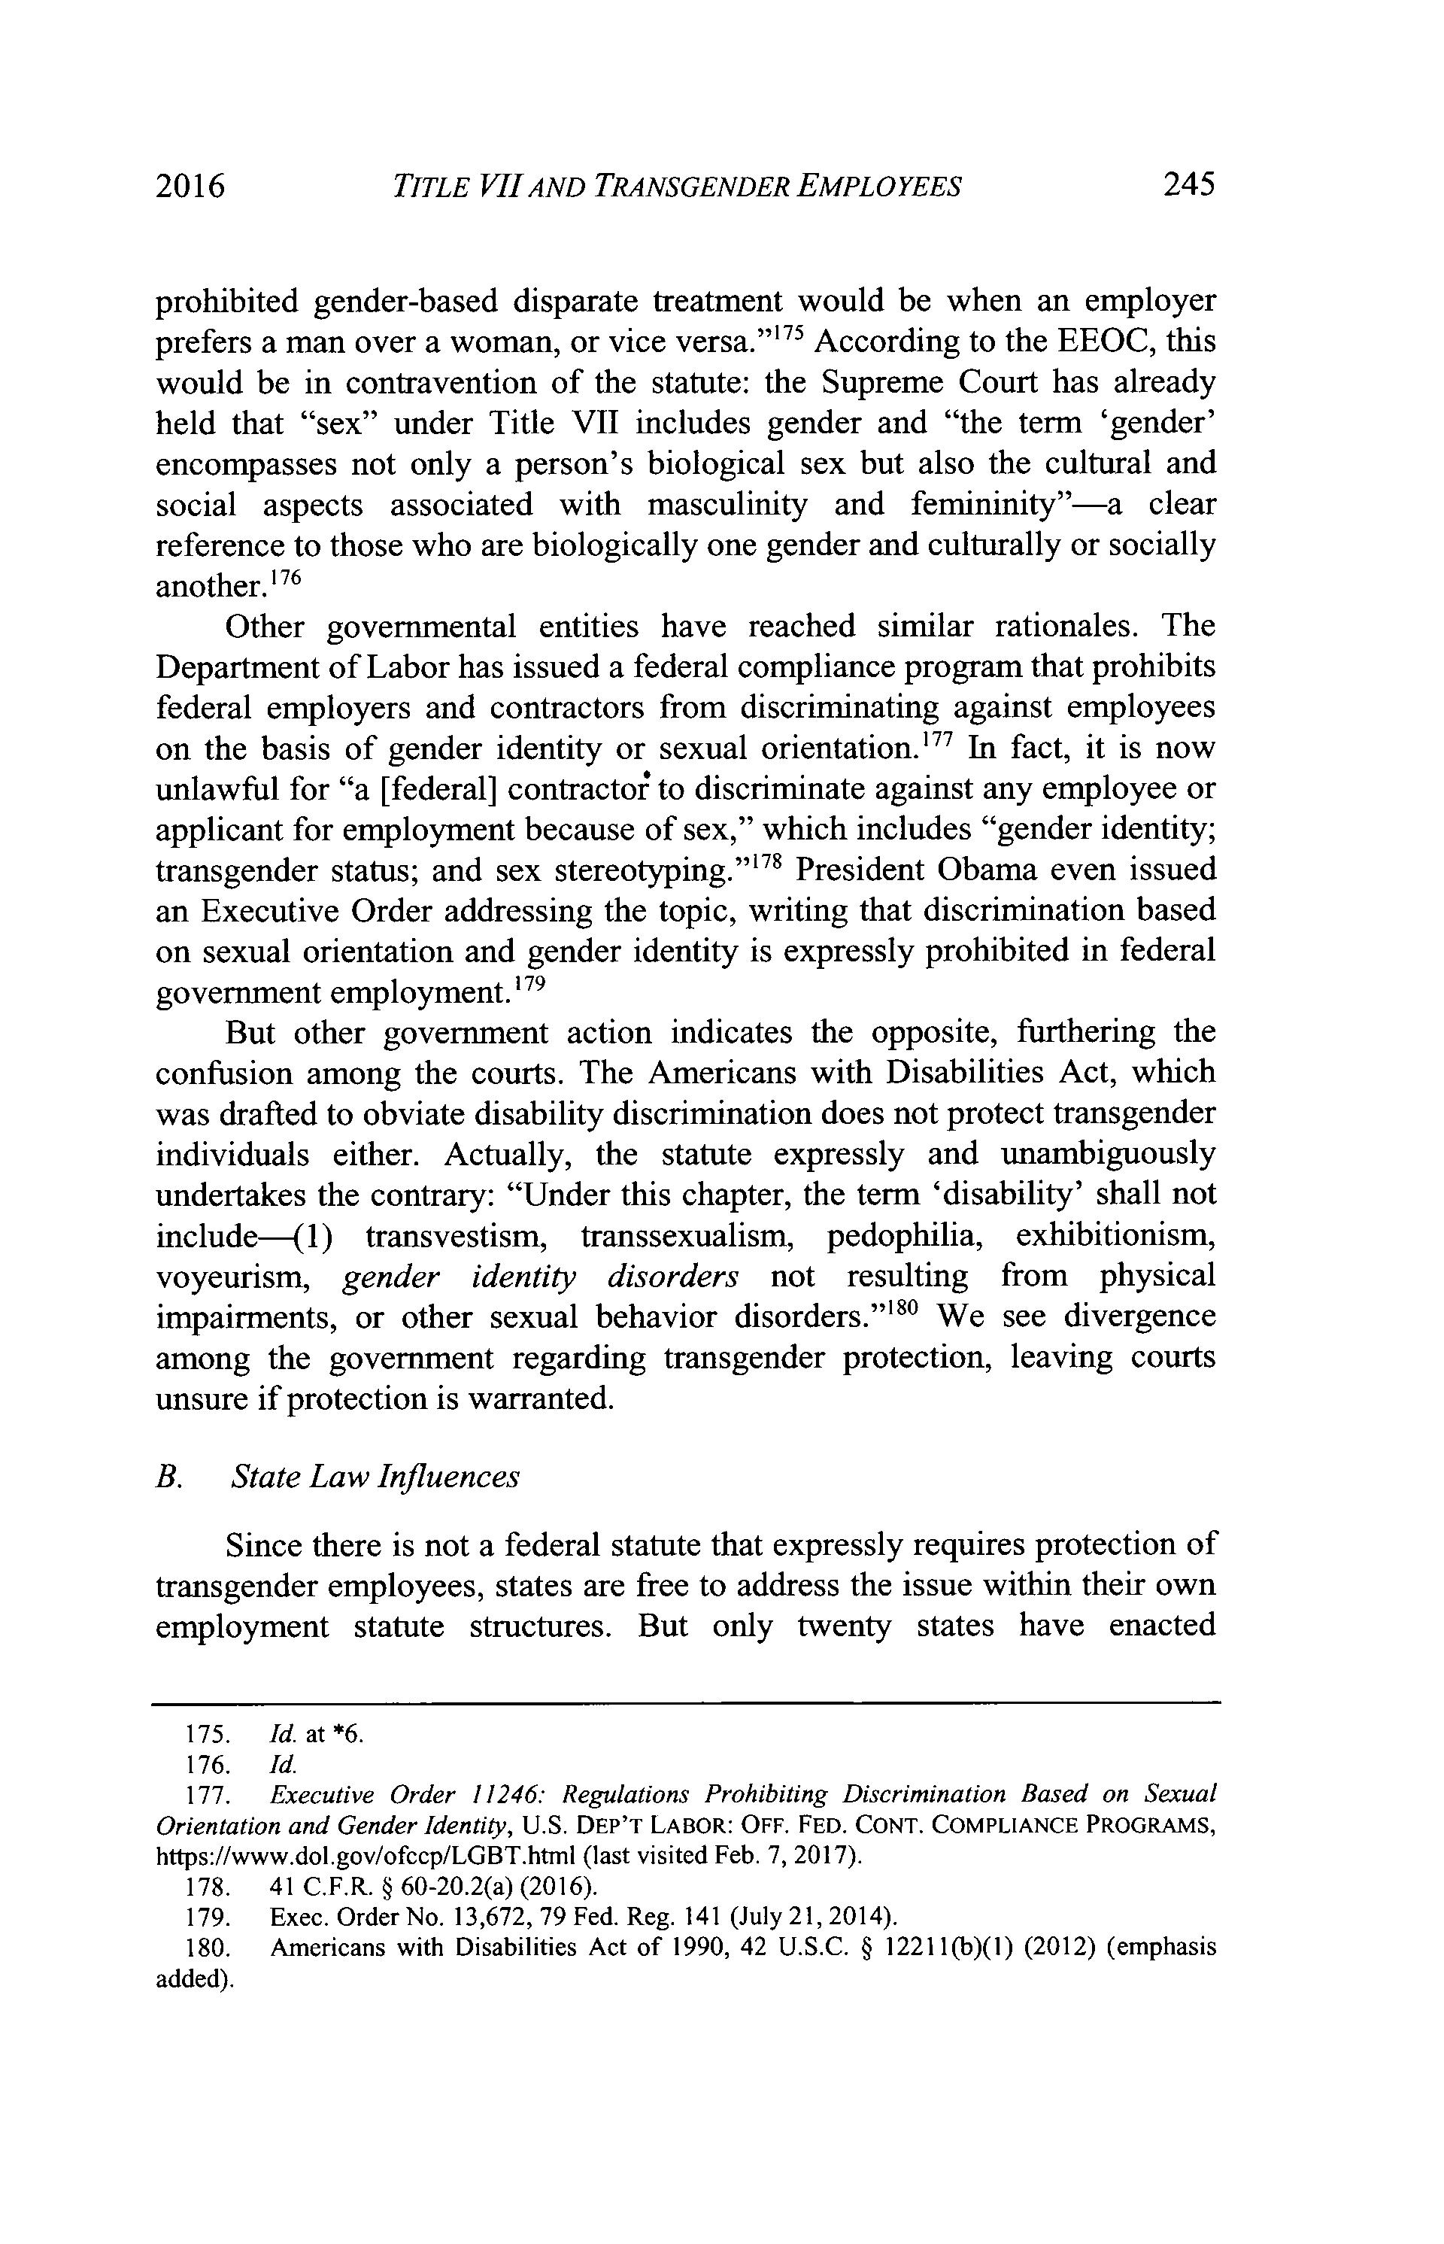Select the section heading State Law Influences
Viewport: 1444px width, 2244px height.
tap(374, 1477)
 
